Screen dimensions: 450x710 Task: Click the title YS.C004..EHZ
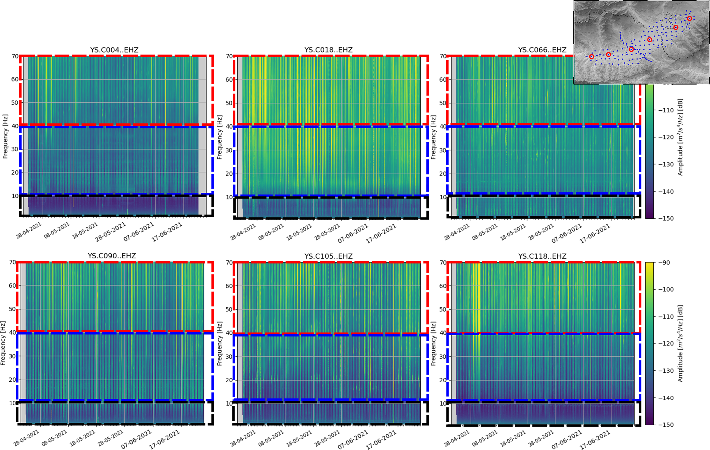click(114, 50)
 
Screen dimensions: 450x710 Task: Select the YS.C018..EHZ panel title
click(328, 50)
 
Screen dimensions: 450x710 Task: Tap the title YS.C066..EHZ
click(542, 50)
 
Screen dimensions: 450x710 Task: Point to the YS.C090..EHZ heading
click(112, 256)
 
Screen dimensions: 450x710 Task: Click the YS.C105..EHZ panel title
click(328, 256)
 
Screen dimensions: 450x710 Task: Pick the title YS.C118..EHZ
click(542, 256)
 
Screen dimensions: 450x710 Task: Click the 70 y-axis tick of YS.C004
click(15, 56)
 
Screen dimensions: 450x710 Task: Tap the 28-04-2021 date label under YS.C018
click(243, 232)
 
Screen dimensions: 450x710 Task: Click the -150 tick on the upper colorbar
click(665, 218)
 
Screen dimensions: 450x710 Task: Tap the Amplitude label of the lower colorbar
click(680, 344)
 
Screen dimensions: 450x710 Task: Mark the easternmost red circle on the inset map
click(689, 19)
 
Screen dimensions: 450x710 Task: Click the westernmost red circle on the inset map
click(591, 57)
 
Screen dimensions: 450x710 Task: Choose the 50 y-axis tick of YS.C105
click(229, 310)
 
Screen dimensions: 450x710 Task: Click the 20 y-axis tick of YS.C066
click(443, 174)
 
